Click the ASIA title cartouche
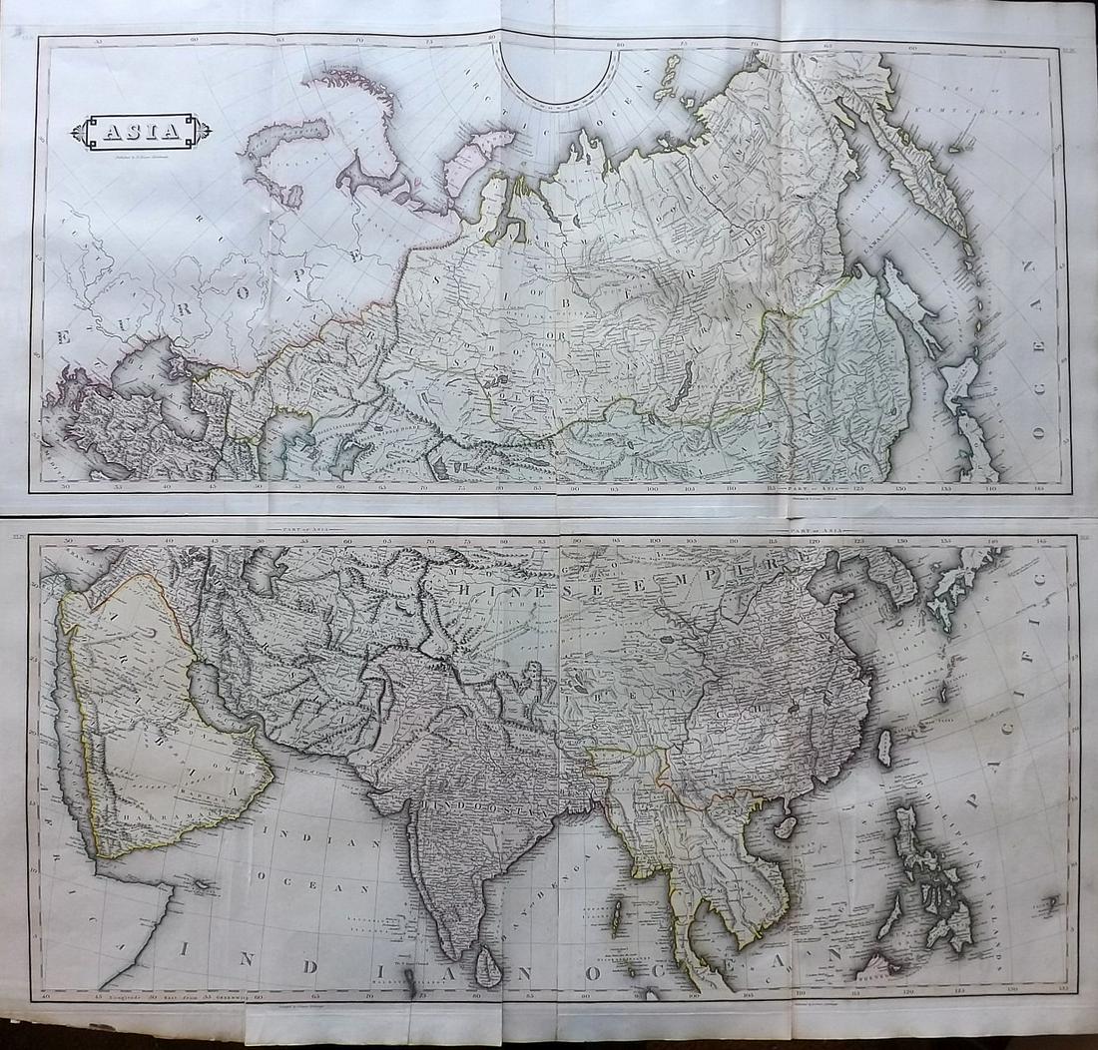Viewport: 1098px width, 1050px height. tap(147, 131)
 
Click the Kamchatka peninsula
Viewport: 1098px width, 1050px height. tap(933, 195)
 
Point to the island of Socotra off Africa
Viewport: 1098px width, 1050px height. tap(202, 884)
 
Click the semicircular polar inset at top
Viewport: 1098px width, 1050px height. tap(559, 75)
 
